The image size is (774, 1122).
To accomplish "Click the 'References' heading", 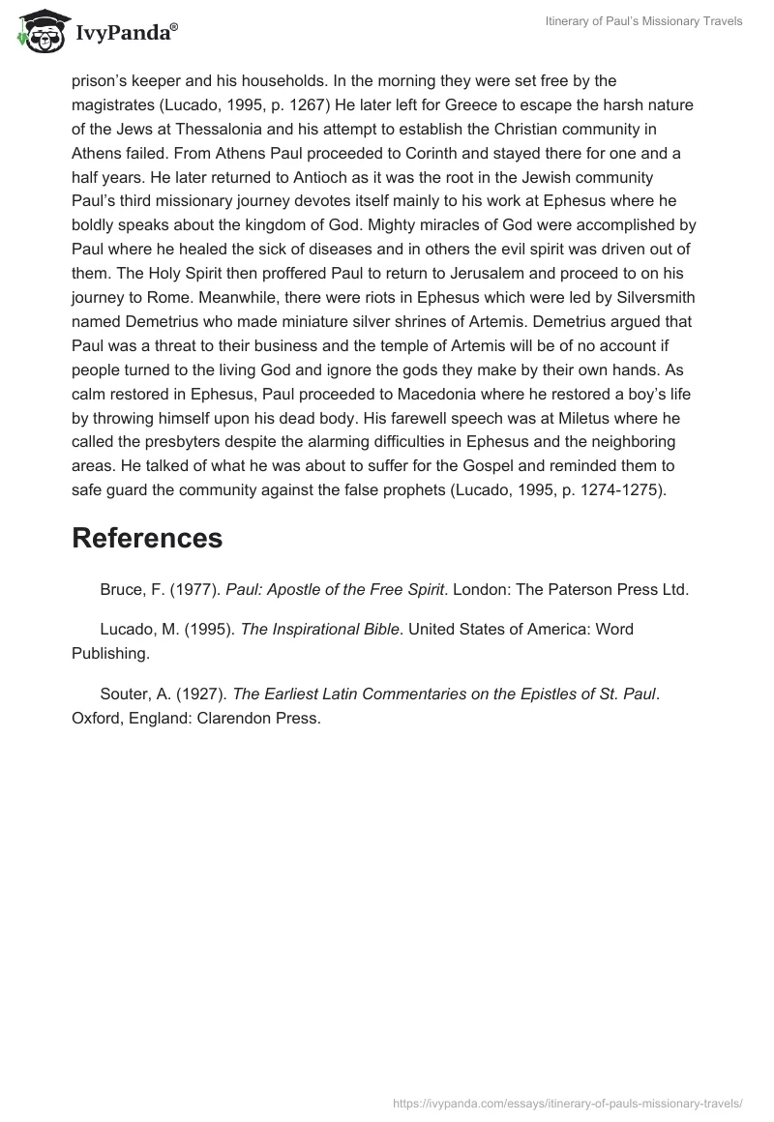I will coord(147,539).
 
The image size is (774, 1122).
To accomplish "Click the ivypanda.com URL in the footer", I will coord(568,1103).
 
